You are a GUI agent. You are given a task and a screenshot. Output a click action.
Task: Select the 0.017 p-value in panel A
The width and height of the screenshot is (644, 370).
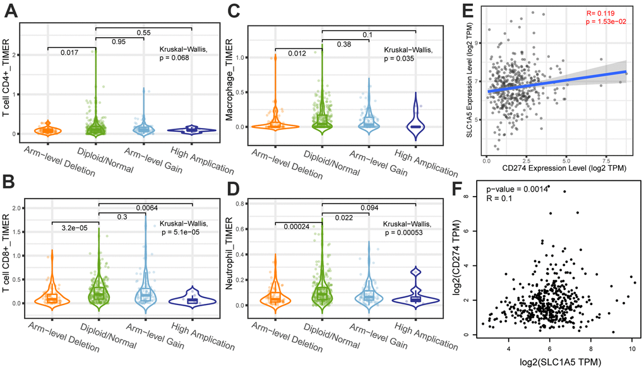(x=70, y=52)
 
